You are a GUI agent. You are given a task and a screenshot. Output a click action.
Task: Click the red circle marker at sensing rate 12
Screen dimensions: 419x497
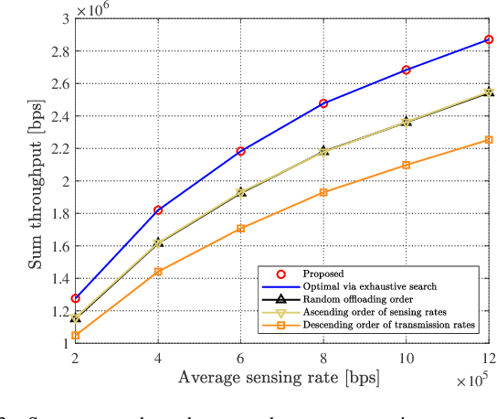click(489, 40)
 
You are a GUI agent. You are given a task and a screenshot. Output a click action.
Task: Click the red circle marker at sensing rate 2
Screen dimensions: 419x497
click(76, 298)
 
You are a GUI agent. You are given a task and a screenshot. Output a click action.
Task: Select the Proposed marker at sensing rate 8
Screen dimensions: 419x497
click(323, 103)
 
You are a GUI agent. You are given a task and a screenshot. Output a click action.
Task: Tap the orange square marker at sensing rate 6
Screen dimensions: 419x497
click(241, 228)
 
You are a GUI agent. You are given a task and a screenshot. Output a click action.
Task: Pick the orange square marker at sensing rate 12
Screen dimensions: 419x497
click(489, 139)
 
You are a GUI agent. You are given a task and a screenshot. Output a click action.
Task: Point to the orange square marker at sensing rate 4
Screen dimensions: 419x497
click(158, 271)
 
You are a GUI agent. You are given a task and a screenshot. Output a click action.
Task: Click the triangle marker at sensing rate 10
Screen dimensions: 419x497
click(407, 121)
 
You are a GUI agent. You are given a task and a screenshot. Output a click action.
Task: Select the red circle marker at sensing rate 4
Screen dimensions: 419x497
click(158, 209)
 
